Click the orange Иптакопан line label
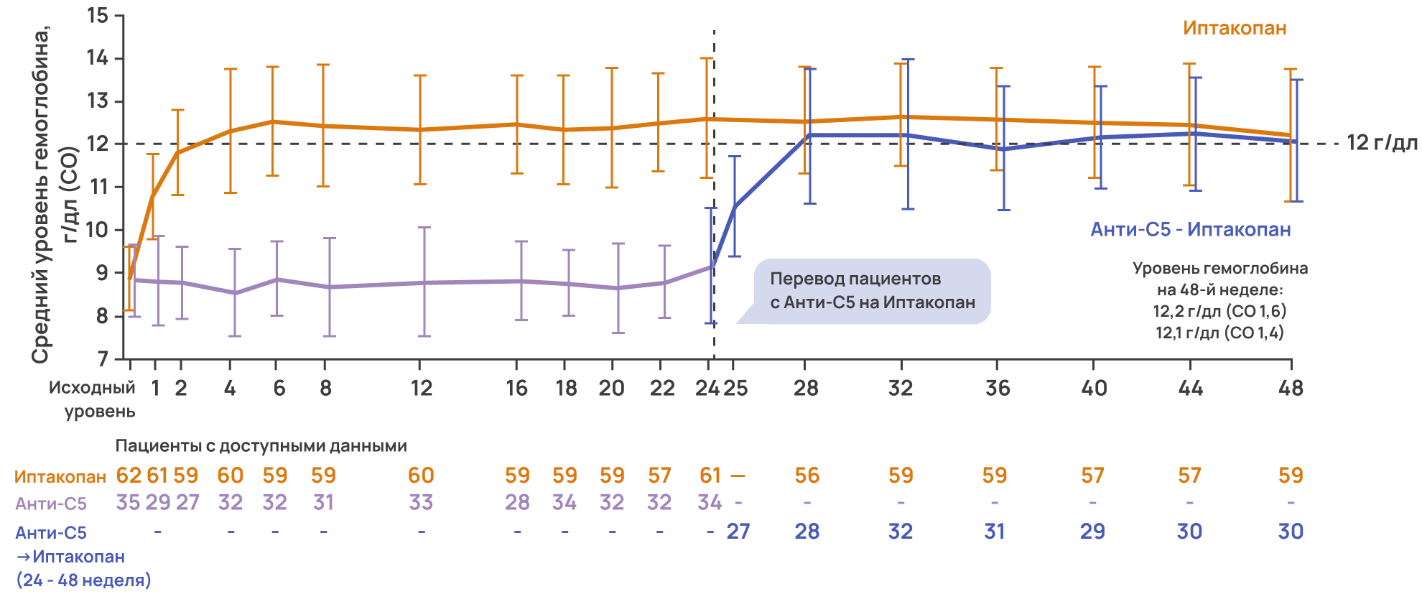click(x=1235, y=28)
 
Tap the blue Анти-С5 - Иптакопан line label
click(x=1190, y=229)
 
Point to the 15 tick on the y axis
click(x=98, y=15)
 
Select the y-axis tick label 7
click(x=103, y=358)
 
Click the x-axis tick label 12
click(x=421, y=389)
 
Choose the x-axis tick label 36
click(x=998, y=389)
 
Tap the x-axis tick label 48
click(x=1291, y=389)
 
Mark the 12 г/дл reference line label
click(x=1382, y=143)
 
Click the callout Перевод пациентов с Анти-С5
click(x=872, y=290)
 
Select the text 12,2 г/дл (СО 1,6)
click(x=1219, y=311)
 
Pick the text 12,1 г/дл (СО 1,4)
click(x=1219, y=333)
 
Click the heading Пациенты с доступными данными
click(x=261, y=446)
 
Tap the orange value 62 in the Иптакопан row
click(x=129, y=476)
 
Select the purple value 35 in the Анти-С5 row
click(x=128, y=502)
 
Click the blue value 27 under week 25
click(x=738, y=532)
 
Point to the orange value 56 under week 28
click(x=807, y=476)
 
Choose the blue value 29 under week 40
click(x=1092, y=532)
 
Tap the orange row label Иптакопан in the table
click(x=60, y=476)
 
